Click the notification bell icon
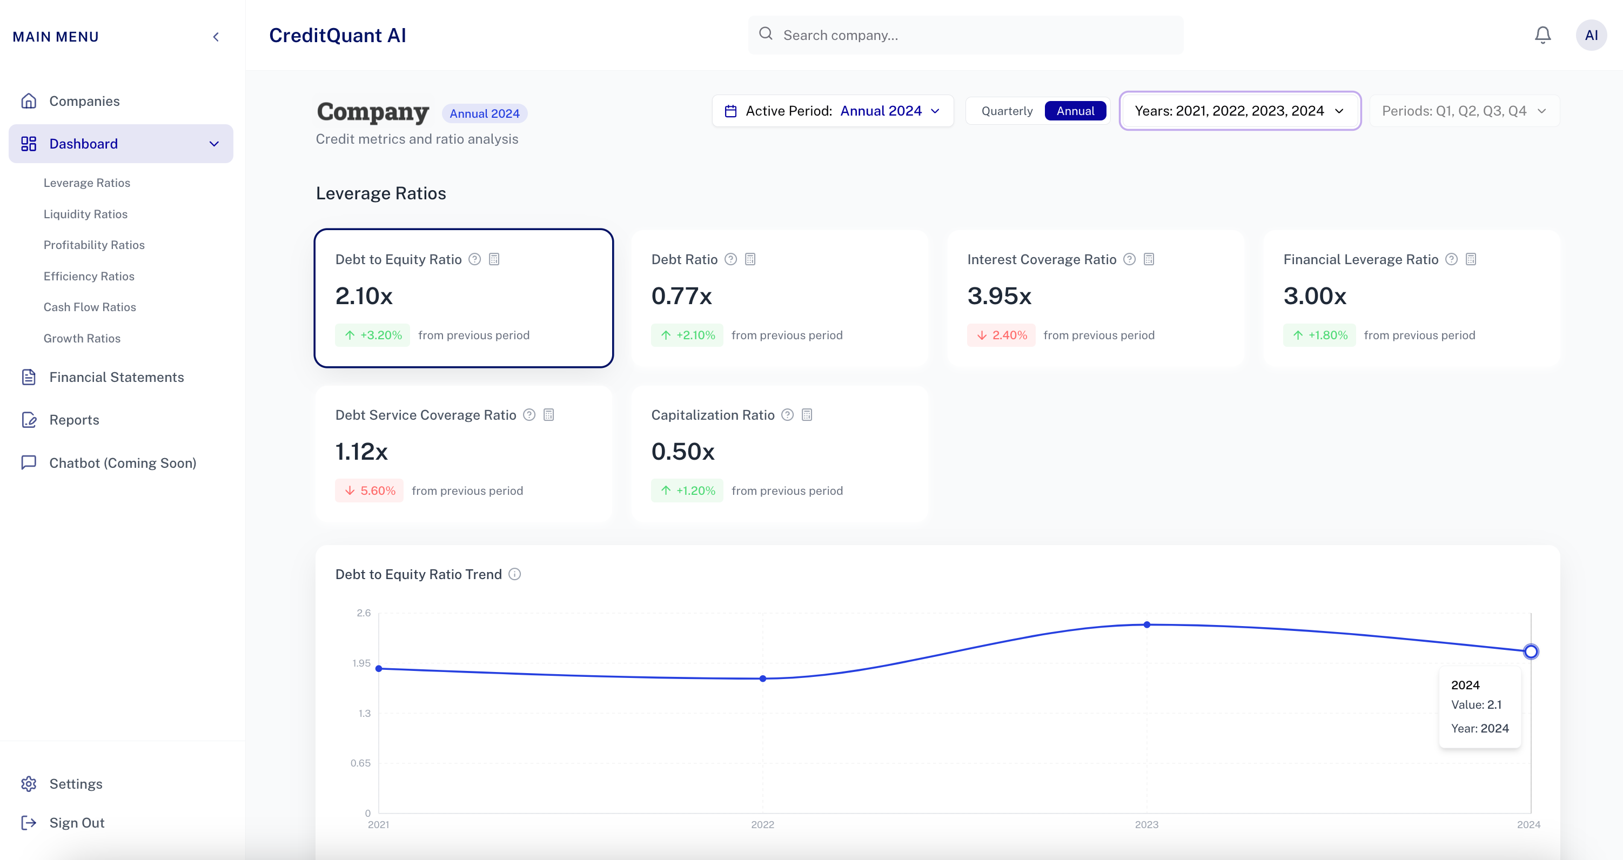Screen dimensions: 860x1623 click(x=1542, y=35)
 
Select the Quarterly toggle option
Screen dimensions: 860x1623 click(x=1007, y=111)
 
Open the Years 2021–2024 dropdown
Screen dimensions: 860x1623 click(x=1239, y=111)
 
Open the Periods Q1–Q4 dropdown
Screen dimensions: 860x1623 click(x=1464, y=111)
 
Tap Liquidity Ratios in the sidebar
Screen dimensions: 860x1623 click(x=86, y=214)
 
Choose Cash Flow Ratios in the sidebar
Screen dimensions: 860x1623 click(x=90, y=307)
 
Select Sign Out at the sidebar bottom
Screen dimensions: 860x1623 click(x=77, y=823)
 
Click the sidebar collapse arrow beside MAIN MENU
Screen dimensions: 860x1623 click(x=216, y=37)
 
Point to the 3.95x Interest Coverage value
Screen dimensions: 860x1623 click(x=1000, y=296)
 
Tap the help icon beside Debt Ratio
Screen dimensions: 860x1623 click(x=730, y=260)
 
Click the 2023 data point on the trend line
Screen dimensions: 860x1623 click(x=1146, y=625)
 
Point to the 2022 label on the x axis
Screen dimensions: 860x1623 click(x=762, y=825)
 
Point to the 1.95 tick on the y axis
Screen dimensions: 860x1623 click(x=361, y=663)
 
